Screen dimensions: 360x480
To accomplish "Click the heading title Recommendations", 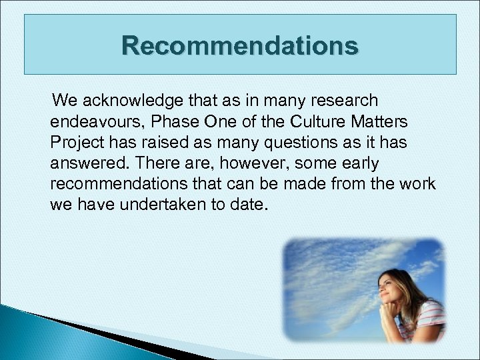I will coord(240,46).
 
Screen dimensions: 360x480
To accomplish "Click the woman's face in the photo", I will coord(393,285).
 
